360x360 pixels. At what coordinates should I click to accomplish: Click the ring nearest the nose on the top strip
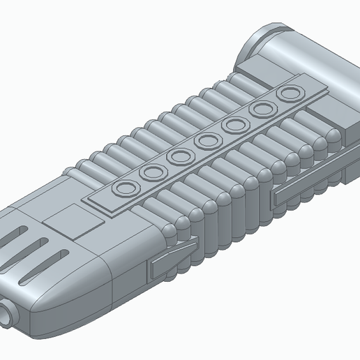point(127,187)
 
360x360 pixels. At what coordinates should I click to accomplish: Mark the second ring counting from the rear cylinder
point(261,109)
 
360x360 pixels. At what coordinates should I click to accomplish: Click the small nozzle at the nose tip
point(8,313)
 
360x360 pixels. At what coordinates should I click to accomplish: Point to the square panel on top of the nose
point(71,221)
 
